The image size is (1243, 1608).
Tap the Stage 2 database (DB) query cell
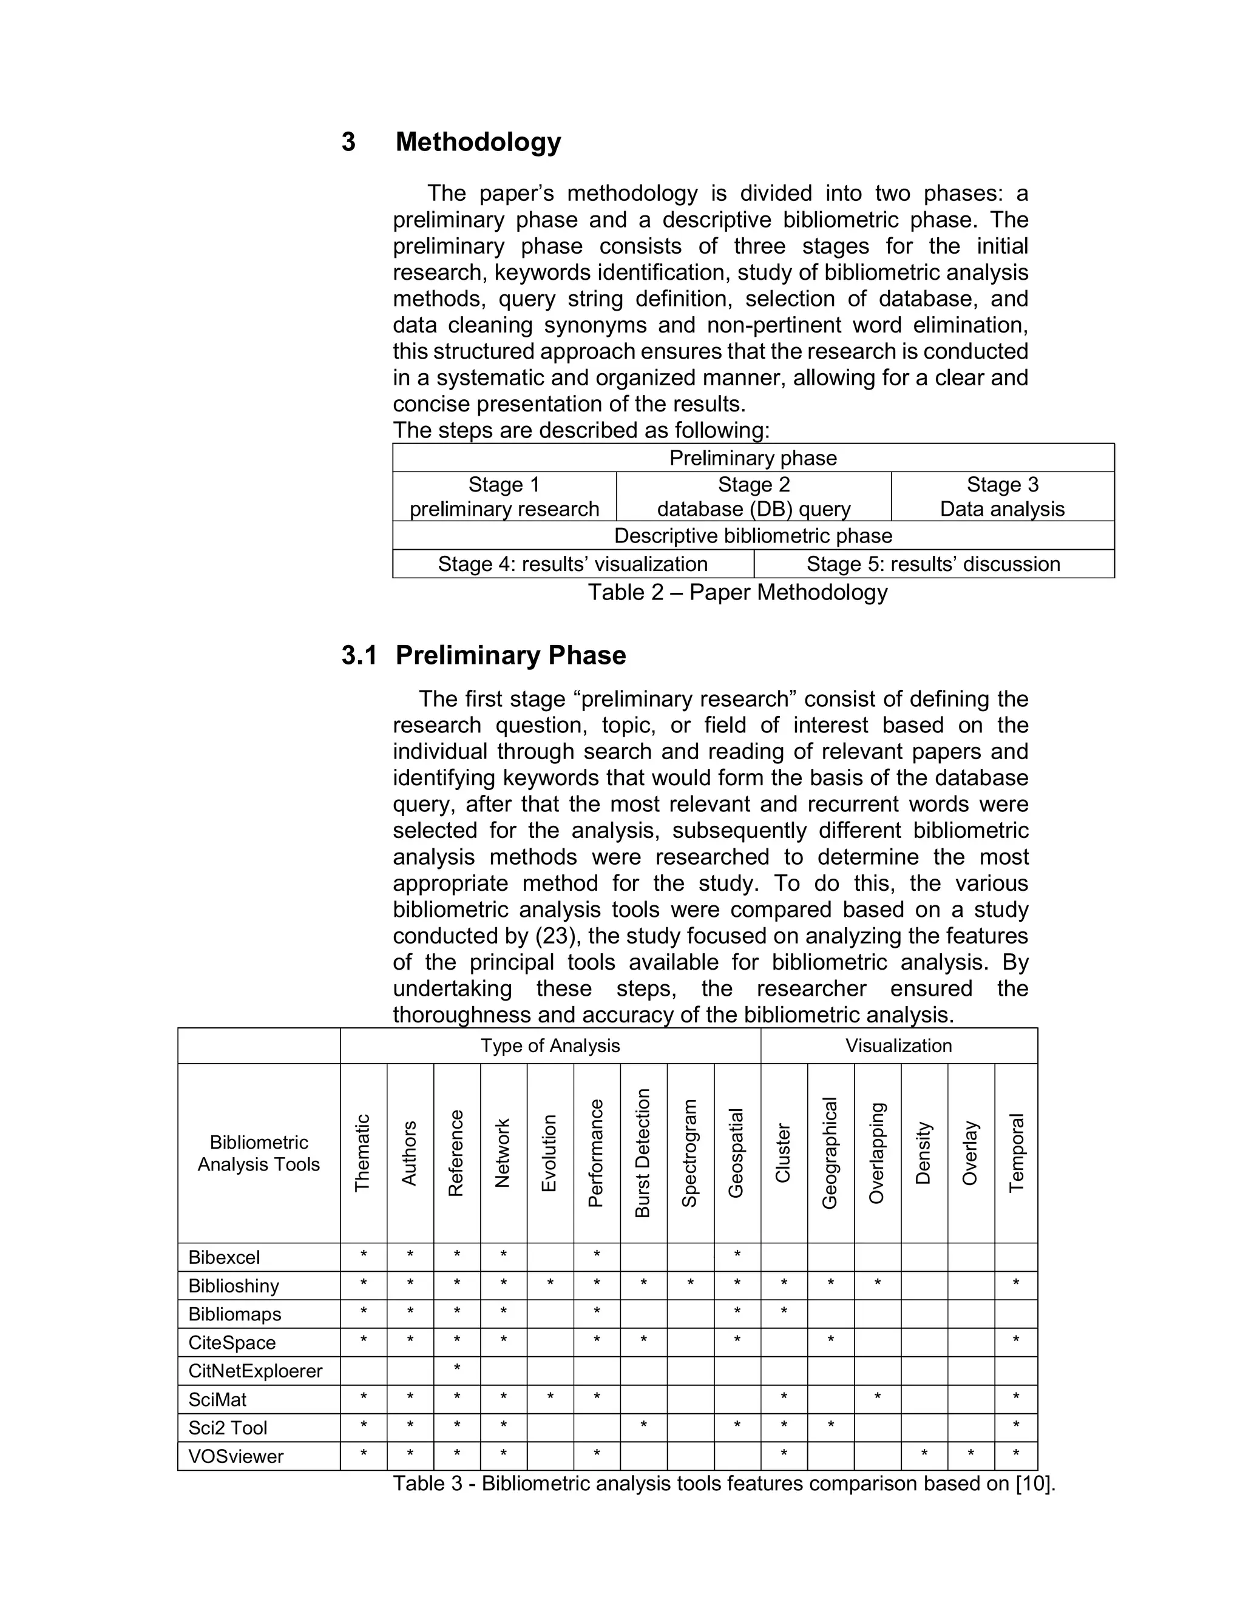click(753, 497)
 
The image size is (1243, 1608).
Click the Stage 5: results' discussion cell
click(933, 564)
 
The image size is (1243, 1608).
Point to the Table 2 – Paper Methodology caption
click(737, 592)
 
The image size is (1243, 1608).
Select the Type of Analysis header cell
click(550, 1046)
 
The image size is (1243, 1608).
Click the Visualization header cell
click(898, 1046)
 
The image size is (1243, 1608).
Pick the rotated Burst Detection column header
click(643, 1153)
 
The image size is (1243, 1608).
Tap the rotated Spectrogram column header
click(690, 1153)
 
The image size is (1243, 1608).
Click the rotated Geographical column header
click(830, 1153)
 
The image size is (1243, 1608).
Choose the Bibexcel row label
click(224, 1257)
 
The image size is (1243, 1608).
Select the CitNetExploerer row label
click(256, 1371)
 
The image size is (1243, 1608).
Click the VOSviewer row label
click(235, 1456)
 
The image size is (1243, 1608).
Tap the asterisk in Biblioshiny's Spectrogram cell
click(690, 1283)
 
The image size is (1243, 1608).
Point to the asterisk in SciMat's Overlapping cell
click(877, 1397)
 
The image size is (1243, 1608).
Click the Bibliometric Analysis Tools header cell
click(259, 1153)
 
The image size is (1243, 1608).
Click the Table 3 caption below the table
click(724, 1484)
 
